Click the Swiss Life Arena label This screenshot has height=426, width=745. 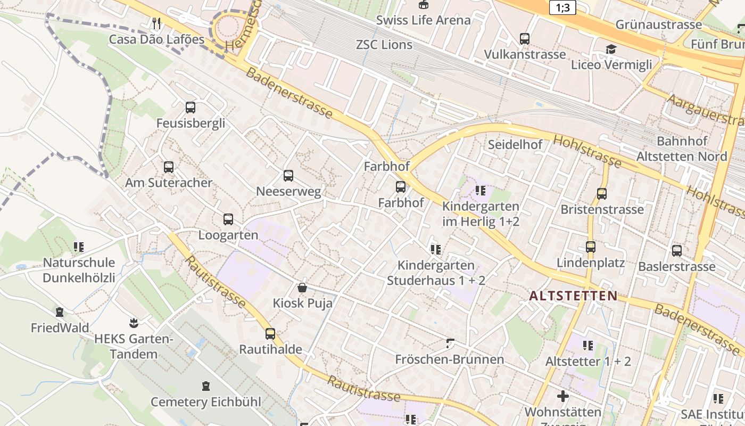(x=423, y=20)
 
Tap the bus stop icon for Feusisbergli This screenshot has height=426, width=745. (x=191, y=108)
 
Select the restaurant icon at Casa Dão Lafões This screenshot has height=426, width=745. (x=156, y=23)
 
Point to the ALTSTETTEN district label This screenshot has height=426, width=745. (x=574, y=296)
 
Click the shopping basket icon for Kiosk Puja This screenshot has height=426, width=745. (x=302, y=288)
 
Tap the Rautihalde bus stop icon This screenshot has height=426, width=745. (x=270, y=334)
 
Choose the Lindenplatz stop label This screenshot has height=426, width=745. (x=591, y=263)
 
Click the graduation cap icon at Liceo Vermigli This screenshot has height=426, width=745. (x=611, y=50)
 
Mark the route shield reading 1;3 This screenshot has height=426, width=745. (x=562, y=7)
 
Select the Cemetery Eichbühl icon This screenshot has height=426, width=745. (x=206, y=386)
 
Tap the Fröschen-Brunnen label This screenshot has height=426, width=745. (x=449, y=359)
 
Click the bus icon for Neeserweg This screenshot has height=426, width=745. (x=288, y=176)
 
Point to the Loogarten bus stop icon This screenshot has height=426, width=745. (x=228, y=219)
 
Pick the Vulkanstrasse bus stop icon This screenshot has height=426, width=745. (x=525, y=39)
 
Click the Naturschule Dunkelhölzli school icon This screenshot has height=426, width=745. (x=79, y=247)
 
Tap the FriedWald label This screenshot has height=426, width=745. (x=60, y=328)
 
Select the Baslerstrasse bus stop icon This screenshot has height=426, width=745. (x=677, y=251)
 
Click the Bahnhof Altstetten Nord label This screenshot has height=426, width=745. (x=682, y=149)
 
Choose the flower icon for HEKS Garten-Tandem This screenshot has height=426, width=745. (x=133, y=323)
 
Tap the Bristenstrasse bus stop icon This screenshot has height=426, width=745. (x=602, y=194)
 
